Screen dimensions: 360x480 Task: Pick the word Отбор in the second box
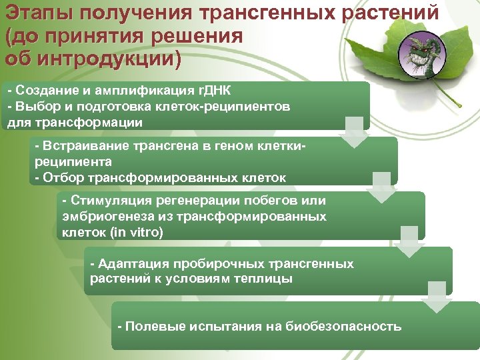(x=59, y=178)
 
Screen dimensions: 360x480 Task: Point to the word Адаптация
(x=131, y=264)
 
